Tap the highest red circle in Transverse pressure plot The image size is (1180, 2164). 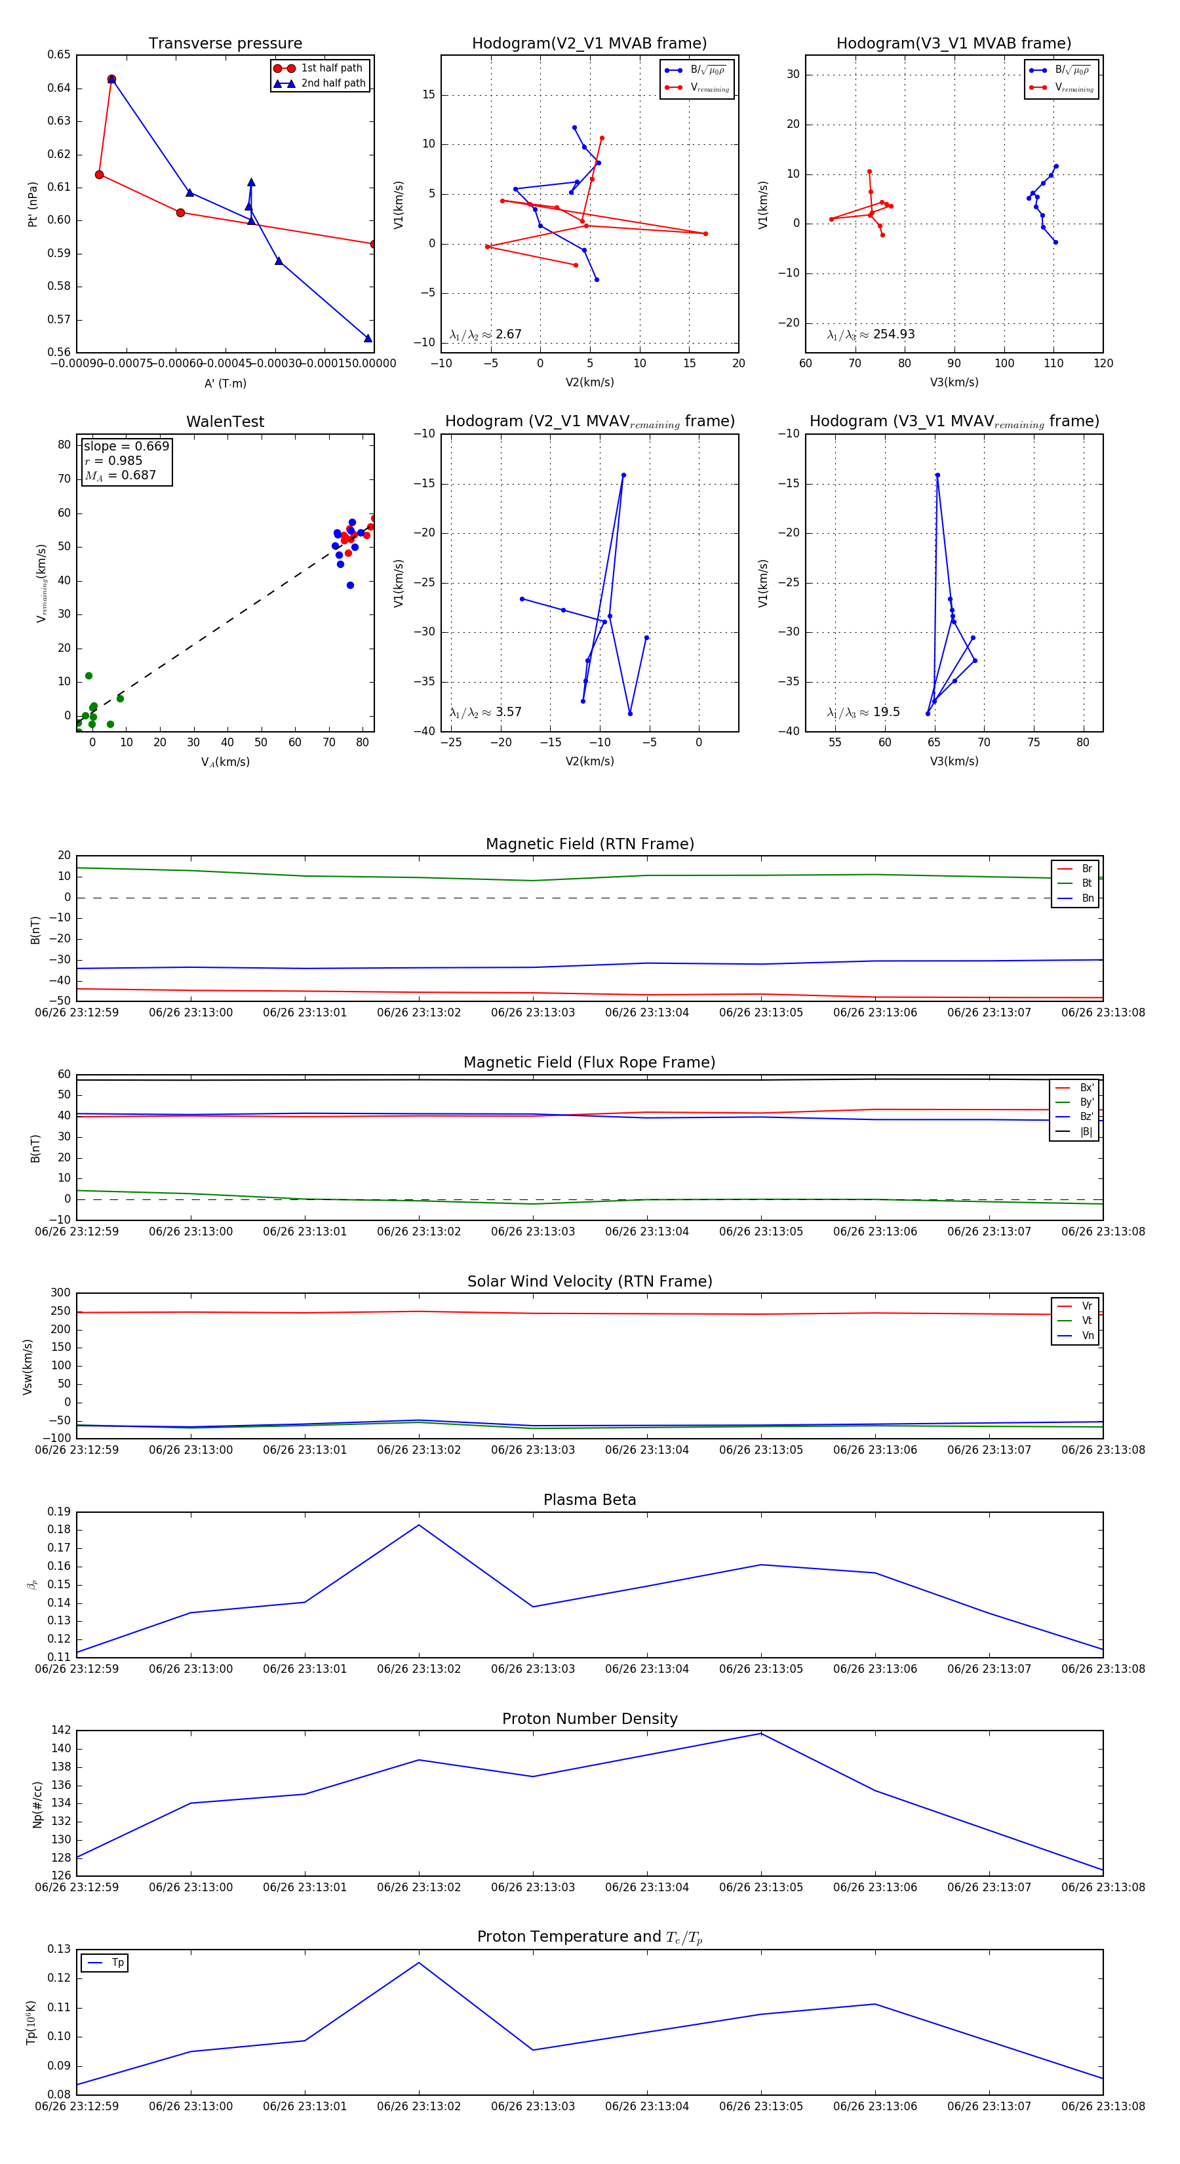[x=111, y=79]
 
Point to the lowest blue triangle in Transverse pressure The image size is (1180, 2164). [x=368, y=338]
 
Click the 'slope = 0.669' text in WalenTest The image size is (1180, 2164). [x=126, y=446]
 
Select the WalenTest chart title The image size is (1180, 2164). [x=225, y=422]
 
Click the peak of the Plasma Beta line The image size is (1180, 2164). [x=419, y=1525]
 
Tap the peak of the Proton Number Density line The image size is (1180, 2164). [x=761, y=1734]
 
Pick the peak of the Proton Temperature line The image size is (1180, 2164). [x=419, y=1963]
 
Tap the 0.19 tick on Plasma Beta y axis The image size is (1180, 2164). [x=59, y=1512]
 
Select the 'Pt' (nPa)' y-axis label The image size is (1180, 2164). [x=33, y=204]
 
